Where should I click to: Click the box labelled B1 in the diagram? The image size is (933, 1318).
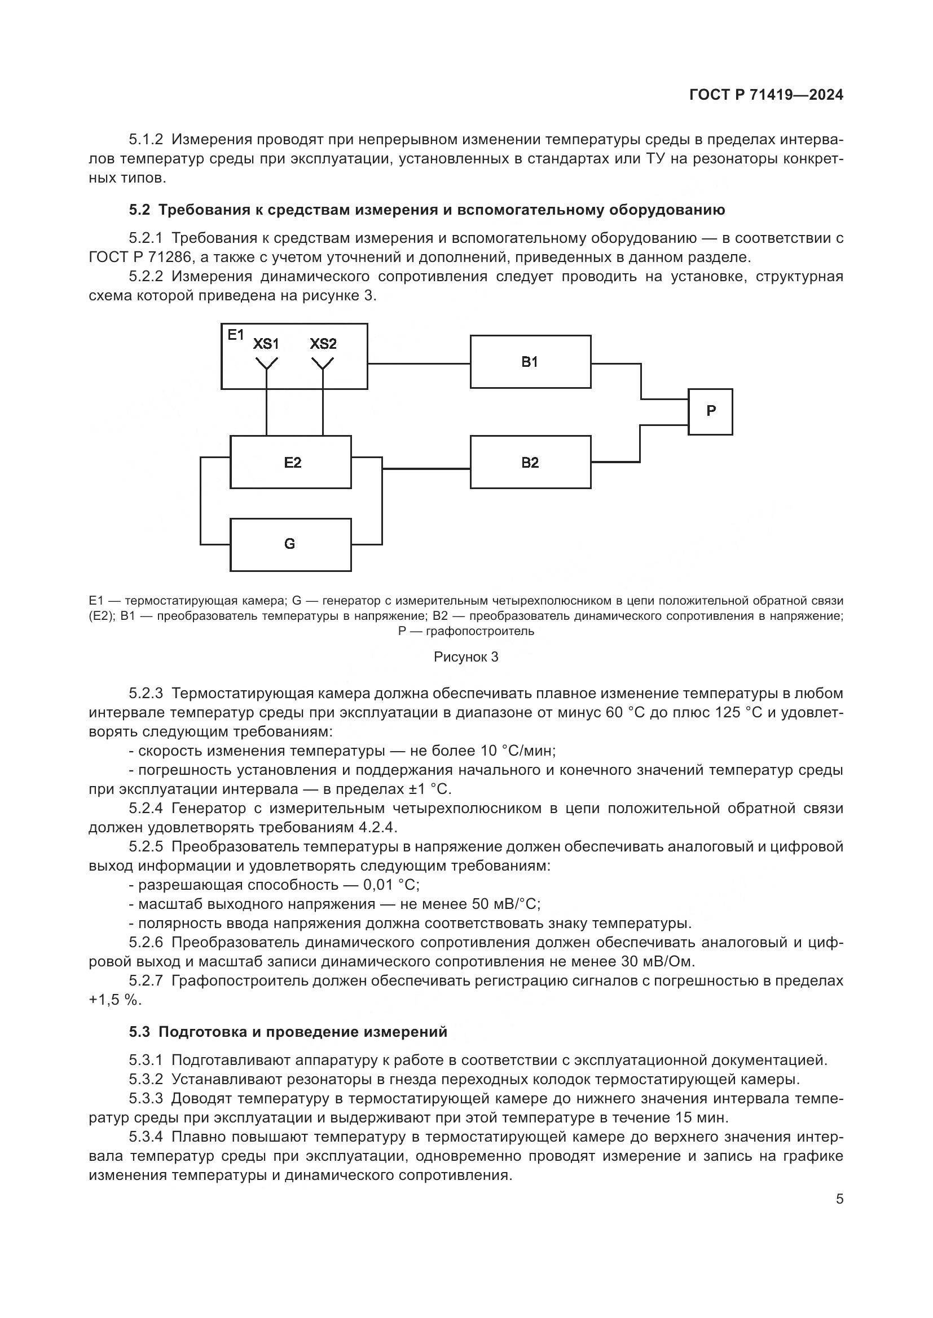pos(530,362)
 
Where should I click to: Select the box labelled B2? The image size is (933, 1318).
pos(530,462)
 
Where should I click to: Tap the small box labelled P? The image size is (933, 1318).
pos(710,411)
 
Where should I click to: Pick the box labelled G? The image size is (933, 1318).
pos(290,544)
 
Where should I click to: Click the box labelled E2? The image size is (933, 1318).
pos(291,462)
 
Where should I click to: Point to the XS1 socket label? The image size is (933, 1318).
pos(266,344)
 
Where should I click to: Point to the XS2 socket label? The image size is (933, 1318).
pos(323,344)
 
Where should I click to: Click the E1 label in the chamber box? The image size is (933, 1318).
pos(236,335)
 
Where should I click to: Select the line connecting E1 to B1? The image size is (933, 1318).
pos(418,363)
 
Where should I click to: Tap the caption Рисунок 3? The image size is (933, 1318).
pos(466,657)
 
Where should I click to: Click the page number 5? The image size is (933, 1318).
pos(839,1199)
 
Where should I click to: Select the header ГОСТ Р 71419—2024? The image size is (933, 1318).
pos(766,95)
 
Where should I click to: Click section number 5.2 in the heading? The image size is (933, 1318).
pos(139,210)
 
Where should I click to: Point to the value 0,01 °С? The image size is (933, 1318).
pos(391,885)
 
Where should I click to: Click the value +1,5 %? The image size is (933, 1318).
pos(114,1000)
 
